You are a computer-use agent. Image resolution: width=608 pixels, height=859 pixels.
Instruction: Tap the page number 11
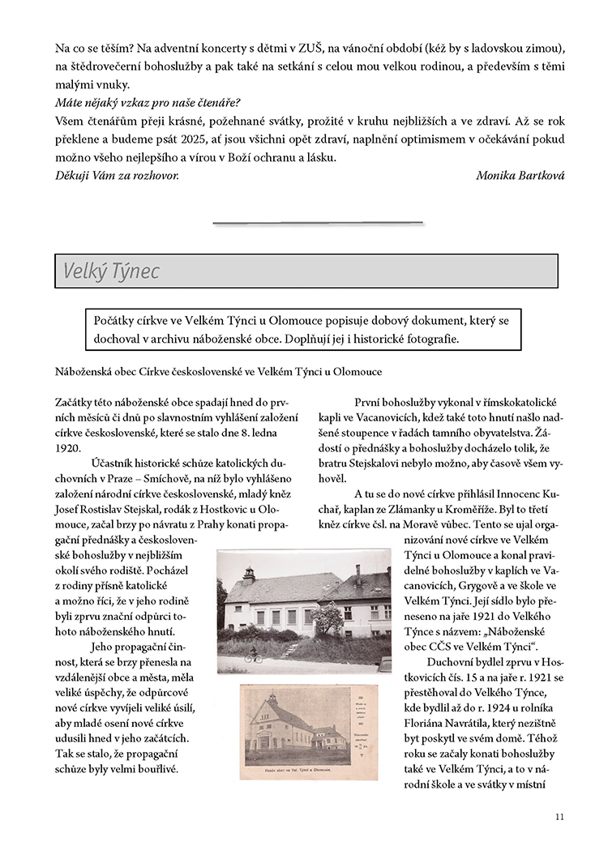559,816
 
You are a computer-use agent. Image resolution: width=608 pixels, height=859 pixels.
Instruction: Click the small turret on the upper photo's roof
248,575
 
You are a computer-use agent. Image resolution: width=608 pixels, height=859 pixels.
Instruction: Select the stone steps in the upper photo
292,648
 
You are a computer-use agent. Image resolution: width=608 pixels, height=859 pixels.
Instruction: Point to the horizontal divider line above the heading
318,221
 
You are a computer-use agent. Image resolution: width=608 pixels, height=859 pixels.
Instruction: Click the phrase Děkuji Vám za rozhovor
117,175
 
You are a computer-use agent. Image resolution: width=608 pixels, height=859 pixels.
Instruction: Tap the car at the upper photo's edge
385,665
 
